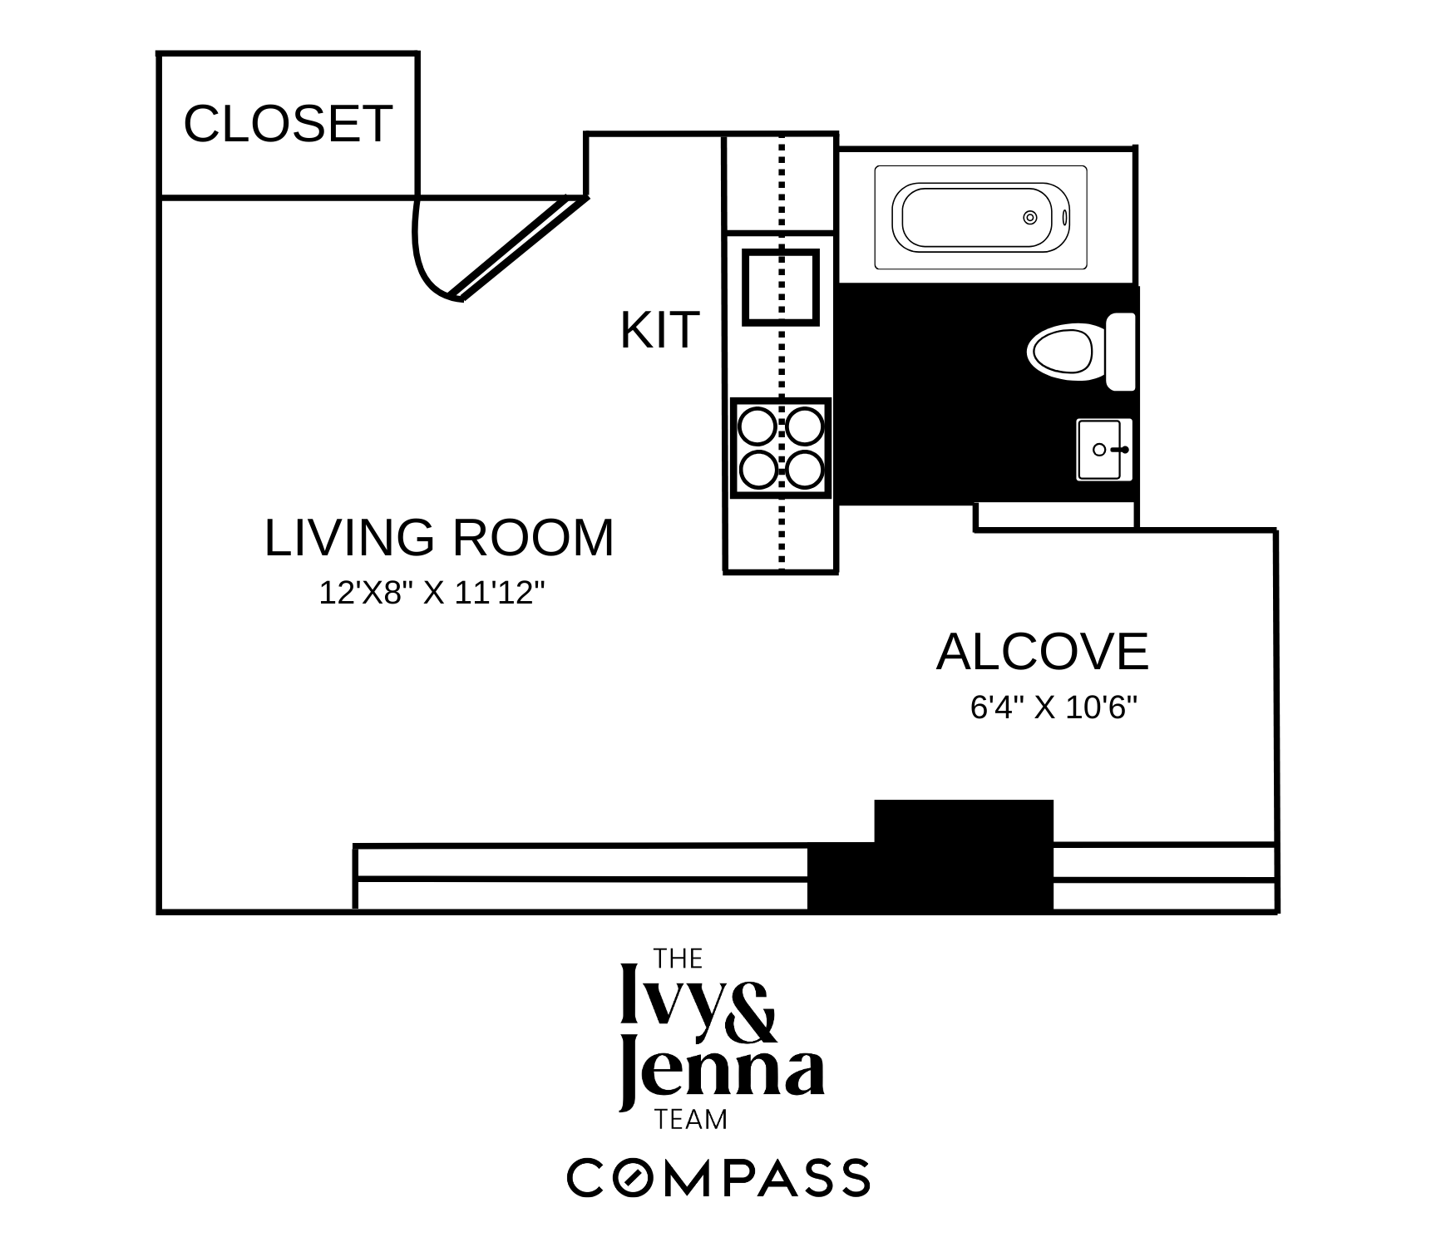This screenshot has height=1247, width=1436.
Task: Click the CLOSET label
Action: point(287,124)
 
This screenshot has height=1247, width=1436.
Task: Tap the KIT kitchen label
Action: point(659,330)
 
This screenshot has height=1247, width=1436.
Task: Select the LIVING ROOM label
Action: point(438,537)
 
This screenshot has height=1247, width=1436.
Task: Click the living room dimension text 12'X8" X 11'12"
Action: point(432,594)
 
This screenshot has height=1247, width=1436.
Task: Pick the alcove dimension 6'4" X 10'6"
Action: point(1054,707)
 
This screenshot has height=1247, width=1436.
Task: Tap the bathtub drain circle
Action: point(1029,218)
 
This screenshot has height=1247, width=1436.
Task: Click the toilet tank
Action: point(1120,352)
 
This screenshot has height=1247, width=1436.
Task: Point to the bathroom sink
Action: point(1103,450)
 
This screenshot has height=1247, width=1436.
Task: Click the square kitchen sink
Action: point(780,286)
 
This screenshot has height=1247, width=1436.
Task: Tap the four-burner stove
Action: point(780,449)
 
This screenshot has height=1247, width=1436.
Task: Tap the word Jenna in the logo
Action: point(722,1074)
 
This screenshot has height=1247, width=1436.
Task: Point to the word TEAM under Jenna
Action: point(691,1121)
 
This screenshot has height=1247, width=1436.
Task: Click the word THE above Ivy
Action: point(679,959)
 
